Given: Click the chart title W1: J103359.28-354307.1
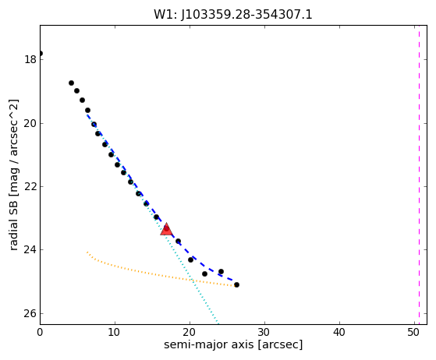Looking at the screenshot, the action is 233,15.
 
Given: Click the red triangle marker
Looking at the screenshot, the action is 166,229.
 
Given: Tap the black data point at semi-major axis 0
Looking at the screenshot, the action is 41,53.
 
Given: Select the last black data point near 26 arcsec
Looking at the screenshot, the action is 236,284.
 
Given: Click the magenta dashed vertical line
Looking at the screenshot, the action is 419,175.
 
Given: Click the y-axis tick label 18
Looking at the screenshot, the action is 30,59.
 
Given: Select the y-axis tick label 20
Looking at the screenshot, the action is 30,123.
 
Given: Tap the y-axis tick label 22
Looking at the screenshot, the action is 30,186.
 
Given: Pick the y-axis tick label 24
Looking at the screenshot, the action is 30,249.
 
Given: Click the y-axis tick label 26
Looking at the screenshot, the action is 30,313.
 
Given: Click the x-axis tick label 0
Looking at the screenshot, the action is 40,332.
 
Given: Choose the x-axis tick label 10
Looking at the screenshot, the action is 115,332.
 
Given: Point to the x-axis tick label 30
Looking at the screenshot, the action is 264,332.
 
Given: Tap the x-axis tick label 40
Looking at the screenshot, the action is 339,332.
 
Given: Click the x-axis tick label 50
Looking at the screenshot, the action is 414,332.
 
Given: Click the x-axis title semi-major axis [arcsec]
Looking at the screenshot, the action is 233,344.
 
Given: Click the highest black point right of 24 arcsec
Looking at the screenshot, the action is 221,271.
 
